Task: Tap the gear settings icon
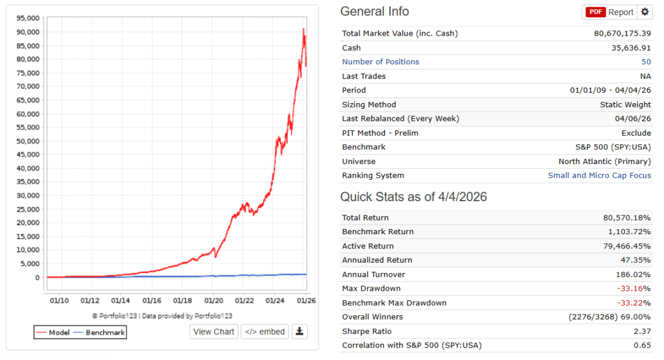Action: click(645, 12)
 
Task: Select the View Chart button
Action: click(214, 331)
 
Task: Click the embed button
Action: click(265, 331)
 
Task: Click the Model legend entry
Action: click(53, 332)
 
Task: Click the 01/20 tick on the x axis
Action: click(214, 300)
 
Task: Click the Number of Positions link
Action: click(381, 62)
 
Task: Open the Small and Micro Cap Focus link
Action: click(599, 175)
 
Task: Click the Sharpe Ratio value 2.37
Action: click(642, 331)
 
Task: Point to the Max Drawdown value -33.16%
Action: click(635, 288)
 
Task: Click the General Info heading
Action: click(375, 12)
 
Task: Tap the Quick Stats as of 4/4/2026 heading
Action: click(414, 197)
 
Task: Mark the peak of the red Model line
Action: click(303, 29)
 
